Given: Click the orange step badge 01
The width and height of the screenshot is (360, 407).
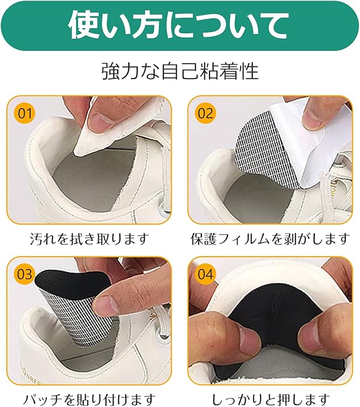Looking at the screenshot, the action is tap(25, 114).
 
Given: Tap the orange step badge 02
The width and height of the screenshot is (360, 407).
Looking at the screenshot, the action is tap(205, 114).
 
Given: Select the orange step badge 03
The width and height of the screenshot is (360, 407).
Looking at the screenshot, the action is tap(25, 275).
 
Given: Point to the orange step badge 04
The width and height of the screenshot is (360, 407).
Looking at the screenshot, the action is tap(205, 275).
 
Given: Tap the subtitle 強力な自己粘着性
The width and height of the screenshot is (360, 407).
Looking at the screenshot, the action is tap(180, 71).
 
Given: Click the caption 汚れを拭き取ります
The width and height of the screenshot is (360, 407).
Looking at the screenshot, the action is tap(90, 238).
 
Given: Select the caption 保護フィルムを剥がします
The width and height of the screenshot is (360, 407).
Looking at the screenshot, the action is tap(270, 238).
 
